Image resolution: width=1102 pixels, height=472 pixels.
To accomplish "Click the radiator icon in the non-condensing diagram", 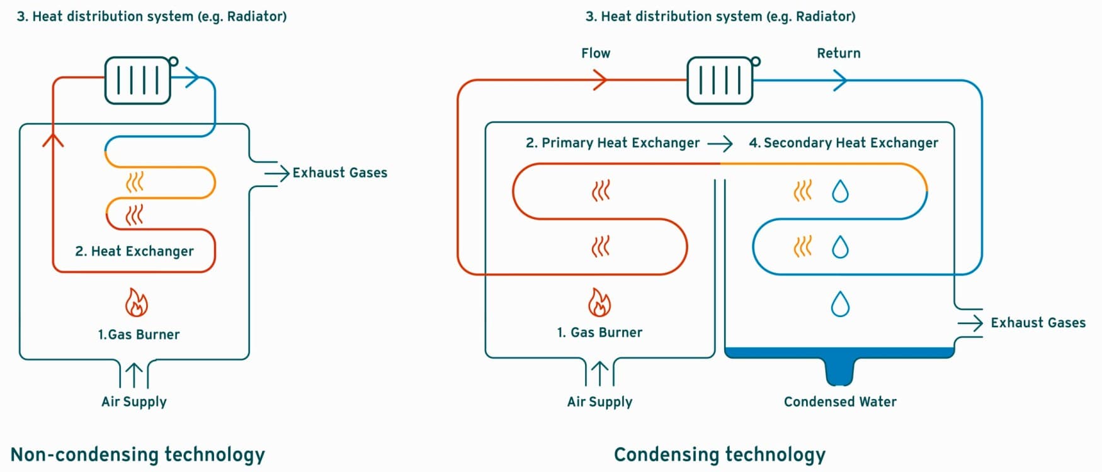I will click(x=139, y=80).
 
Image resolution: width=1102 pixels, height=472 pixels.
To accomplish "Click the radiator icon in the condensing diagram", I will click(x=720, y=80).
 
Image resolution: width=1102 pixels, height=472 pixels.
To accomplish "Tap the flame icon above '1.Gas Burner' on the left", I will click(x=136, y=303).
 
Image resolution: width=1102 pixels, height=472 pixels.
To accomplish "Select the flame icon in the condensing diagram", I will click(x=599, y=302).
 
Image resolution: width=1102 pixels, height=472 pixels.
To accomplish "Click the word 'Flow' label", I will click(x=596, y=53).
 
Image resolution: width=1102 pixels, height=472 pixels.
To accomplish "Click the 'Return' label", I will click(x=838, y=53).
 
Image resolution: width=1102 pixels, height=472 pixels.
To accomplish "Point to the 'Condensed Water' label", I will click(x=840, y=402).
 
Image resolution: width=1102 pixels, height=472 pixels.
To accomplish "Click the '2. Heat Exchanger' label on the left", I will click(x=134, y=251).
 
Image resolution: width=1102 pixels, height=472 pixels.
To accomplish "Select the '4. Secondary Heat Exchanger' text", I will click(x=843, y=143).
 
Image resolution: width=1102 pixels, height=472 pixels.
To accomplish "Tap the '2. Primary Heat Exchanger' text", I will click(x=613, y=143).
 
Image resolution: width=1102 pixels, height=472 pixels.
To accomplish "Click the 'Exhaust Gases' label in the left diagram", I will click(x=339, y=172).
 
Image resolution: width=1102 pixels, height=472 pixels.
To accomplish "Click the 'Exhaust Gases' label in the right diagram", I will click(x=1038, y=323).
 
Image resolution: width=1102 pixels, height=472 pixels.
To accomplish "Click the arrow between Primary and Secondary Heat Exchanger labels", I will click(x=720, y=143).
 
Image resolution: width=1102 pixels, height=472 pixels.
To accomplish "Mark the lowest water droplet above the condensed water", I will click(x=840, y=304).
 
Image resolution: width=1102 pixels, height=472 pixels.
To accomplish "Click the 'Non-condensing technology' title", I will click(x=138, y=454).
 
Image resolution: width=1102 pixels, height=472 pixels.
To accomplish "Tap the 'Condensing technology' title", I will click(x=719, y=454).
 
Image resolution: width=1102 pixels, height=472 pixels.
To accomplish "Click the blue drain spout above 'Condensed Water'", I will click(x=839, y=371).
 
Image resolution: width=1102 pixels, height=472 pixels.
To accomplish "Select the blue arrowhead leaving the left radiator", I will click(x=192, y=77).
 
